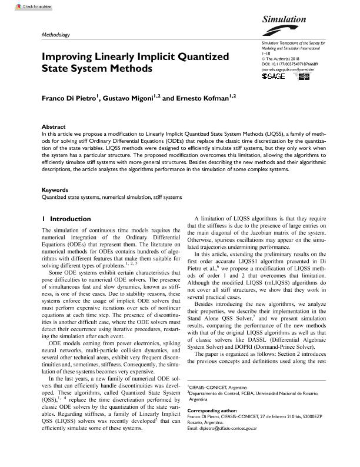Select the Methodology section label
[56, 35]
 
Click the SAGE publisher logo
[272, 77]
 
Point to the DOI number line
[289, 64]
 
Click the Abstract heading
[54, 127]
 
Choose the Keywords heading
[55, 190]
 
